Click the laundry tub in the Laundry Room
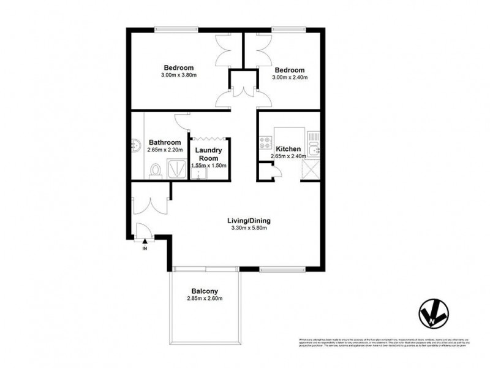click(197, 175)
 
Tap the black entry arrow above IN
click(145, 242)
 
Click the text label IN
click(145, 249)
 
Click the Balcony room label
click(204, 291)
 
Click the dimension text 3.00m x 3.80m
click(178, 75)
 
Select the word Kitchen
click(288, 149)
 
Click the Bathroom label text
click(165, 142)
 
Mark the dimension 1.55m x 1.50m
click(209, 166)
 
